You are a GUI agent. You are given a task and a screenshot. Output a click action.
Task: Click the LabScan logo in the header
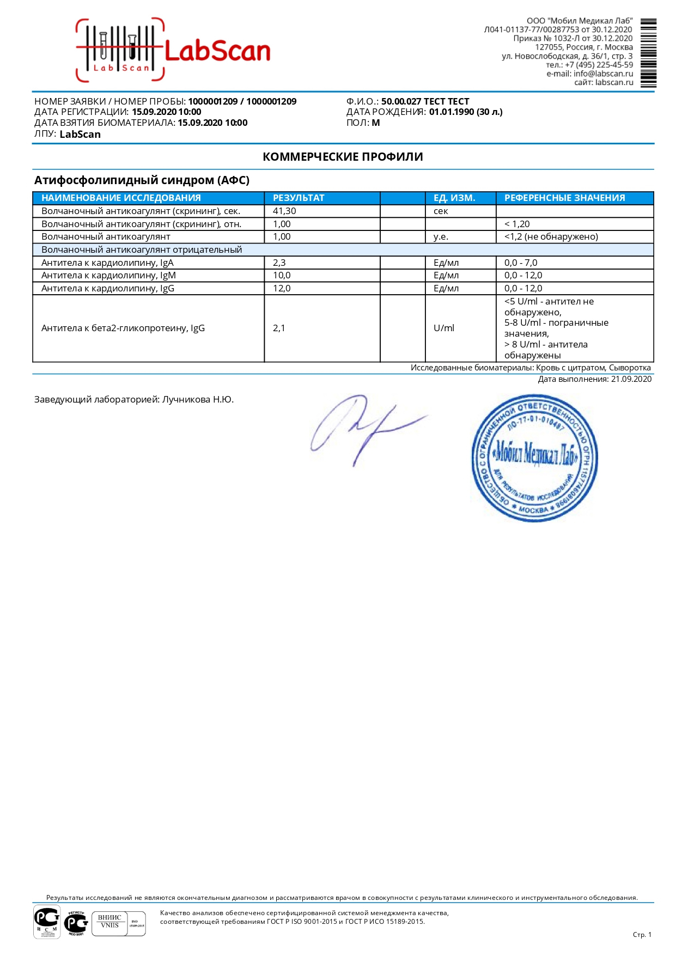(x=173, y=51)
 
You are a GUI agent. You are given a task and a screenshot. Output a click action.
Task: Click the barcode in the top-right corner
(x=648, y=53)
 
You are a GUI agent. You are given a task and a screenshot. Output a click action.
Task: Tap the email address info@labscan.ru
(x=603, y=74)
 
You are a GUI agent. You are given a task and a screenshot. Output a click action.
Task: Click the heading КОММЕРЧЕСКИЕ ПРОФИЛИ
(x=343, y=157)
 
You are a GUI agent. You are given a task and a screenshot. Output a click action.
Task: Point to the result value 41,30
(x=284, y=211)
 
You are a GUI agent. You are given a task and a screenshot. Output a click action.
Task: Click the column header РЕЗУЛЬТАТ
(x=299, y=198)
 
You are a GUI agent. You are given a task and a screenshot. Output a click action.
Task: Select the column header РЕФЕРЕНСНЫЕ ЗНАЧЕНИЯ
(x=564, y=198)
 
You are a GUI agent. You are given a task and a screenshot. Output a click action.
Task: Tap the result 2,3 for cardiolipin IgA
(x=279, y=263)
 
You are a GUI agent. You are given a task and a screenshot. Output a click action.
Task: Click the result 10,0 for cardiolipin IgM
(x=282, y=276)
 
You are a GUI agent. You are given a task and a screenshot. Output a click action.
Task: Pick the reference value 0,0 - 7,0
(x=520, y=263)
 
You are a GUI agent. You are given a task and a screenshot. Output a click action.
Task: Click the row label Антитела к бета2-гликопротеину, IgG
(x=123, y=328)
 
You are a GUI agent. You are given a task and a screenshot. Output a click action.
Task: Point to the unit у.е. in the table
(x=441, y=237)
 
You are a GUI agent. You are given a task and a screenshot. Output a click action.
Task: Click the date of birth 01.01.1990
(x=451, y=112)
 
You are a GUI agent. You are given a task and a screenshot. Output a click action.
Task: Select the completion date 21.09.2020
(x=631, y=380)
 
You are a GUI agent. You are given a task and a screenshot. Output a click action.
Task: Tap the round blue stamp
(x=534, y=458)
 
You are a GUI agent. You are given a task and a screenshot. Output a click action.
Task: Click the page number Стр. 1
(x=642, y=935)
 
